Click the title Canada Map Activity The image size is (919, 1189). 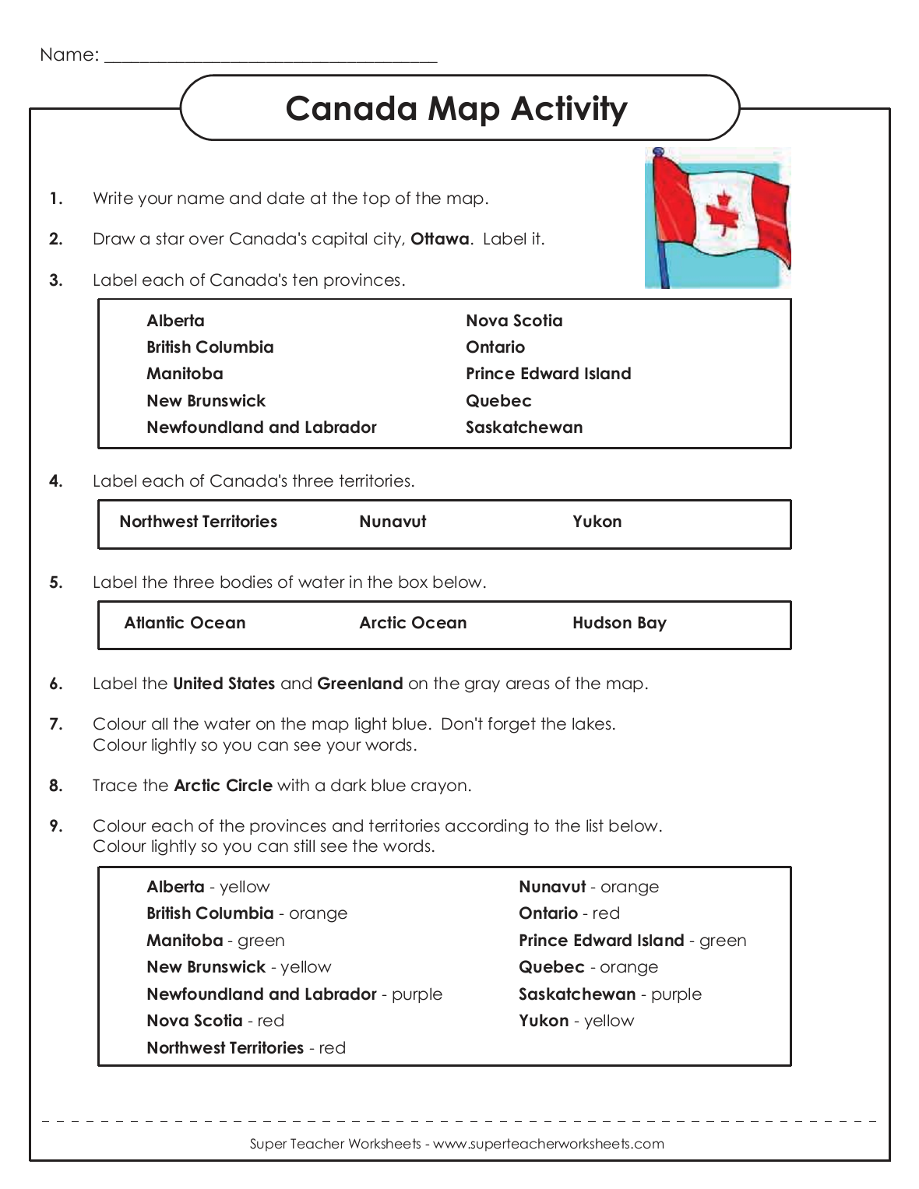pos(456,108)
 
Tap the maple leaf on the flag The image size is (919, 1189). pos(723,213)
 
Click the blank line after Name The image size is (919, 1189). pos(270,56)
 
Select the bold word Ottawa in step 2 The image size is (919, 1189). pos(439,239)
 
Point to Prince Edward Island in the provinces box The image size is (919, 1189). pos(548,374)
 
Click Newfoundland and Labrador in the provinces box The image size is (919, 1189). pos(261,427)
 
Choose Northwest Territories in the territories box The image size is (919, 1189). pos(198,522)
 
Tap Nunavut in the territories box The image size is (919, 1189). pos(393,522)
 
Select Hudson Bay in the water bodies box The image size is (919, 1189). pos(619,623)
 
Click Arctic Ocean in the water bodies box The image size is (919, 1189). pos(413,623)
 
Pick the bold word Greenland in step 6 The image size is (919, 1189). pos(360,684)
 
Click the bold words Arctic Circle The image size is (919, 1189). pos(223,786)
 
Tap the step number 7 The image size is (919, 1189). pos(55,724)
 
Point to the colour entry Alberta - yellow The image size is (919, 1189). pos(208,887)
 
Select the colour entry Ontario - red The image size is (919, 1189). pos(569,913)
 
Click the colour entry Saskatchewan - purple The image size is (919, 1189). pos(610,994)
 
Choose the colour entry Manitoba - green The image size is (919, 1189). pos(215,941)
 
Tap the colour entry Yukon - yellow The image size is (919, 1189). pos(576,1021)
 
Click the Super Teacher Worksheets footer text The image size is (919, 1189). pos(456,1144)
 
